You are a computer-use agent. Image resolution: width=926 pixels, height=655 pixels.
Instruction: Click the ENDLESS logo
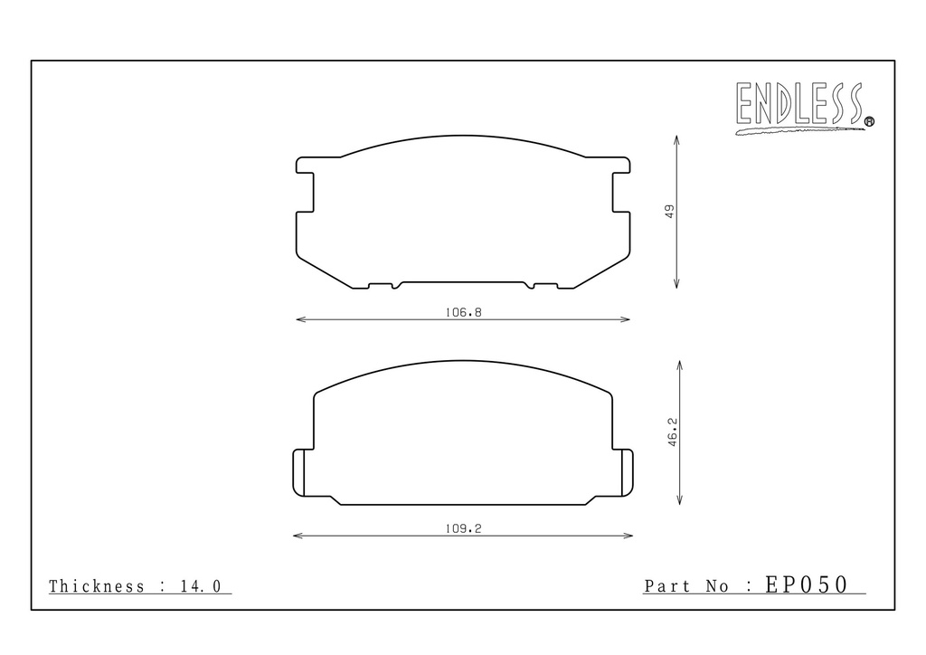804,107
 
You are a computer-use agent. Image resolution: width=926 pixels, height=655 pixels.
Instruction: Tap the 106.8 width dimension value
464,312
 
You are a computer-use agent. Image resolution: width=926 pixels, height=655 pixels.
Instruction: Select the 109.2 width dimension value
464,528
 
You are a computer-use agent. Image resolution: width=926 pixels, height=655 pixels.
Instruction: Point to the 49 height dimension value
669,212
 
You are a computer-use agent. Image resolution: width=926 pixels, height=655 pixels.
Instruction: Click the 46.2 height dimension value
673,432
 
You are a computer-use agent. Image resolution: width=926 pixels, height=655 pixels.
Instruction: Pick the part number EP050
807,584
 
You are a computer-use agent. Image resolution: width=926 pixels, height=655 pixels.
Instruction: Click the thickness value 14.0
201,586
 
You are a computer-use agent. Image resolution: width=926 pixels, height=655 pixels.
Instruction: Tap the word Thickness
96,586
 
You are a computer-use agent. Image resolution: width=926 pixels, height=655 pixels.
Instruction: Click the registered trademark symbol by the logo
869,122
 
